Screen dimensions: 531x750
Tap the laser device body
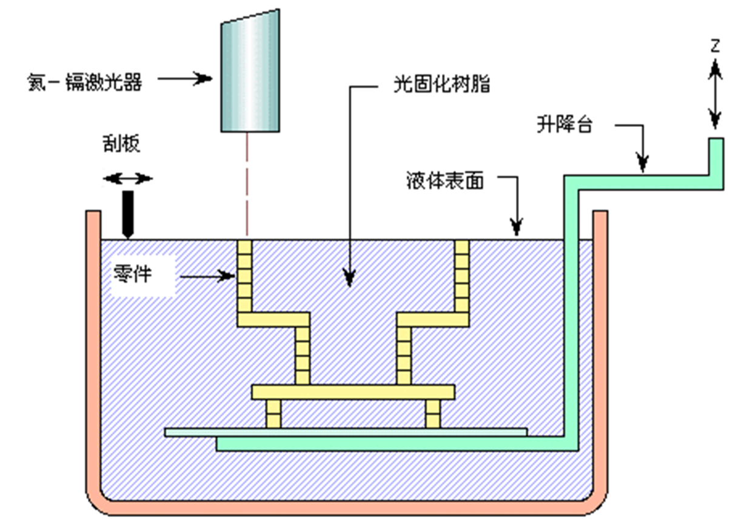(250, 73)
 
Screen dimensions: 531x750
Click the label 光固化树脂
(439, 84)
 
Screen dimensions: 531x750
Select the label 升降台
(564, 126)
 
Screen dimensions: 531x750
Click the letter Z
(715, 46)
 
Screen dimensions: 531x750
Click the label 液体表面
(445, 181)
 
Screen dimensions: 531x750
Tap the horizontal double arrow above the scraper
(127, 178)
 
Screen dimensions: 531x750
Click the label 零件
(134, 276)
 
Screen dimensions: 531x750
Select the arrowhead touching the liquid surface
(516, 228)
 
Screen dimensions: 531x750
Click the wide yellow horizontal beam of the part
(353, 392)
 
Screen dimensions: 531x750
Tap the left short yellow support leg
(273, 414)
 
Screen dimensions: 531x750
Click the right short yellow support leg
(433, 414)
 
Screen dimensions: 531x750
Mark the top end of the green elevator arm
(716, 144)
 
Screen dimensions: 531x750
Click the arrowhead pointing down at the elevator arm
(642, 162)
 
